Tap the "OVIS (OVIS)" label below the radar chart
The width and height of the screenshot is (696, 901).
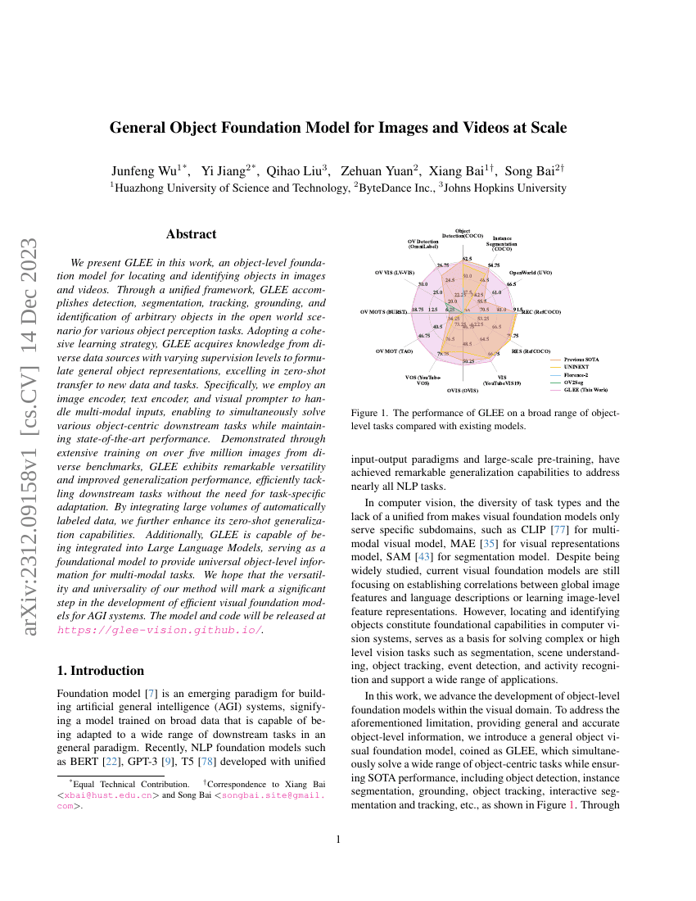coord(463,391)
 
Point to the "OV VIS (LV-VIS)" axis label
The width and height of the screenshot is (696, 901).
coord(396,271)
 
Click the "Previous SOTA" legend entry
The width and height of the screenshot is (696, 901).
coord(581,359)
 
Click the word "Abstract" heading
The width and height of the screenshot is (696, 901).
coord(191,234)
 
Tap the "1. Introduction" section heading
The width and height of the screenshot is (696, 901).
coord(101,671)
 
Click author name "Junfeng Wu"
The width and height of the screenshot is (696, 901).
coord(144,171)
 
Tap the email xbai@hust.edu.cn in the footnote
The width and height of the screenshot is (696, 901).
coord(109,795)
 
